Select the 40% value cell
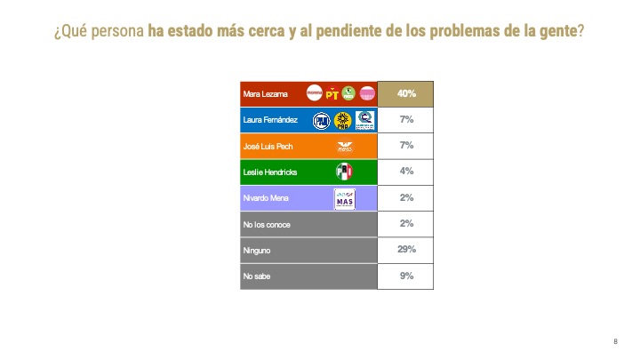coord(405,93)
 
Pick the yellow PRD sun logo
coord(344,120)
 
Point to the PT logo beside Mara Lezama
coord(332,92)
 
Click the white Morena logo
coord(314,92)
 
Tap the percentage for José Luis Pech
coord(405,146)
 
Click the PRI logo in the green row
coord(344,172)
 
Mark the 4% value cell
coord(405,172)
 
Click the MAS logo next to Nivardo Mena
coord(344,199)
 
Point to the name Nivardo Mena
coord(262,198)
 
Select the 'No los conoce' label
coord(266,224)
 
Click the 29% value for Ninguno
coord(405,250)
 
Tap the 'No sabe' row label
coord(257,276)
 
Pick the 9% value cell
coord(405,276)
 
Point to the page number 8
coord(615,342)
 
